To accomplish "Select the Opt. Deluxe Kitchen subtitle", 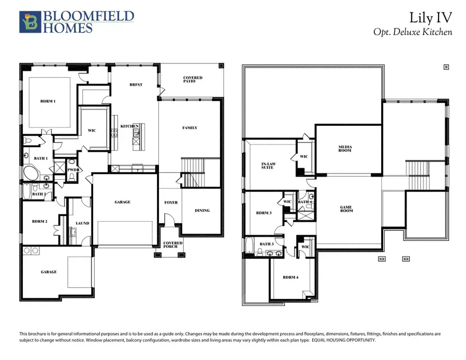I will (x=413, y=32).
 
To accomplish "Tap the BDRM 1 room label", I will (x=48, y=102).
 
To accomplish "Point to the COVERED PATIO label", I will (x=193, y=80).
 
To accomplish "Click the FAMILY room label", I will (x=190, y=128).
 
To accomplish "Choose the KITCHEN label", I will (x=128, y=126).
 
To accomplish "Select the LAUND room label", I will (x=82, y=223).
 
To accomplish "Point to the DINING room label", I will (x=202, y=210).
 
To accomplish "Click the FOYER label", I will (x=171, y=203).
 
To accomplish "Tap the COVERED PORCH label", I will (x=170, y=244).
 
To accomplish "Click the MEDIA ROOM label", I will (x=344, y=149).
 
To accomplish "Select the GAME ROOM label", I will (x=346, y=209).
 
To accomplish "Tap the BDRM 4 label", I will (x=290, y=277).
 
